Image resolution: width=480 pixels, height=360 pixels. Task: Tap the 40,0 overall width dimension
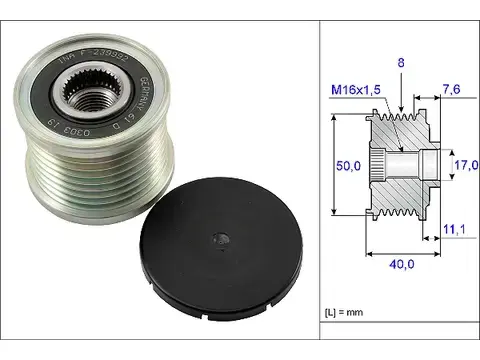(x=400, y=263)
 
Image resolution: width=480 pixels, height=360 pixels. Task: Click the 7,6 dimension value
(x=451, y=90)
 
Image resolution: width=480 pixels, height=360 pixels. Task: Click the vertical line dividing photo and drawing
(x=318, y=180)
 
